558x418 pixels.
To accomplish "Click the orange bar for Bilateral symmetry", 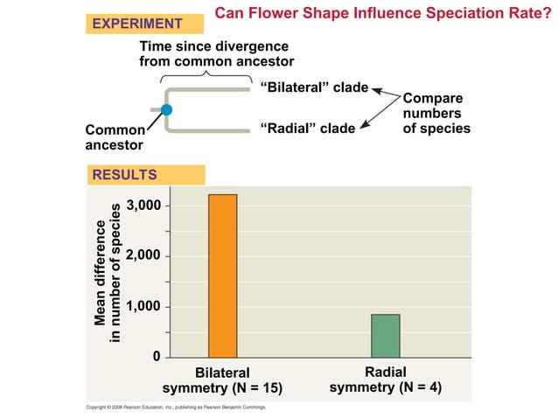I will tap(222, 275).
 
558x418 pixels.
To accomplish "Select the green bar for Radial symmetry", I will tap(385, 336).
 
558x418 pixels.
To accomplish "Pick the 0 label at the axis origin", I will tap(156, 357).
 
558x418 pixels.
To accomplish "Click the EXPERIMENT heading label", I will tap(137, 24).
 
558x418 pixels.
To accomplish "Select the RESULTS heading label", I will tap(124, 175).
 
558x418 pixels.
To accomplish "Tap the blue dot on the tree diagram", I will tap(167, 109).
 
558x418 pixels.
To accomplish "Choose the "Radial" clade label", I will tap(308, 129).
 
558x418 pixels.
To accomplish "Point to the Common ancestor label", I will tap(114, 136).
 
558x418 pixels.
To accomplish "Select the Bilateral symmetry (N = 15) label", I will tap(223, 380).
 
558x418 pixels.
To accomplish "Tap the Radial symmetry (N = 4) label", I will tap(385, 380).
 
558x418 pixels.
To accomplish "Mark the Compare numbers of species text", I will tap(436, 114).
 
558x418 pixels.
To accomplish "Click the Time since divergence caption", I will tap(216, 53).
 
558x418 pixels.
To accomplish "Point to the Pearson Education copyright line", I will tap(175, 408).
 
